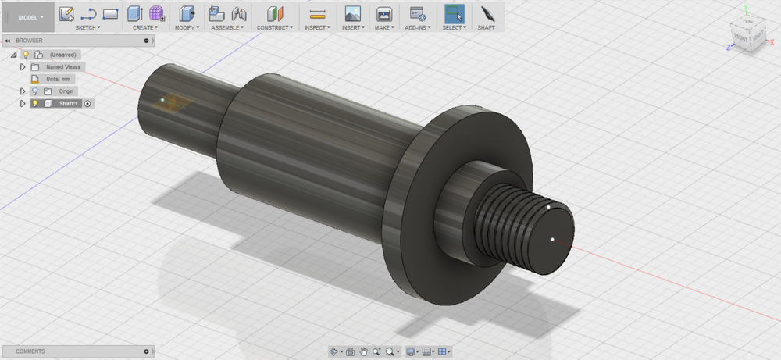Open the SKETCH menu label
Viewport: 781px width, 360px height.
pyautogui.click(x=87, y=27)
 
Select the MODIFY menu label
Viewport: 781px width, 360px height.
pyautogui.click(x=187, y=27)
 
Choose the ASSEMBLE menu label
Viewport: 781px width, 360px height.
pyautogui.click(x=228, y=27)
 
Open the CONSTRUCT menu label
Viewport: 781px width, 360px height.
pyautogui.click(x=275, y=27)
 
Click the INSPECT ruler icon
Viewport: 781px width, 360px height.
pyautogui.click(x=317, y=13)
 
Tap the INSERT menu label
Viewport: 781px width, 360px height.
pyautogui.click(x=353, y=27)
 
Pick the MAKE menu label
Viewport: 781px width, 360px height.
pyautogui.click(x=383, y=27)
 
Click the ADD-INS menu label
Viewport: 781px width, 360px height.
pyautogui.click(x=418, y=27)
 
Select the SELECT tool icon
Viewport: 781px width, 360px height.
pyautogui.click(x=454, y=13)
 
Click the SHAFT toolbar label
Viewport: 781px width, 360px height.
pyautogui.click(x=487, y=27)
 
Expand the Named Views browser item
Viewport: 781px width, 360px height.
pyautogui.click(x=23, y=67)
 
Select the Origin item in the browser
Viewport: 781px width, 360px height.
pyautogui.click(x=66, y=91)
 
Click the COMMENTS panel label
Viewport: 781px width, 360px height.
pyautogui.click(x=31, y=351)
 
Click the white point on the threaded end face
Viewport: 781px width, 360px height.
pyautogui.click(x=552, y=239)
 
